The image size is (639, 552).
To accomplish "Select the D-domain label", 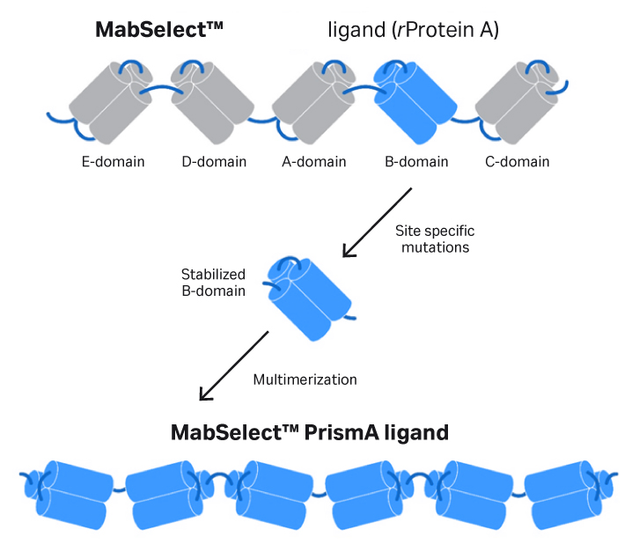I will pos(214,162).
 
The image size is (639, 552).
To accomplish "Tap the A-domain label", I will pos(314,162).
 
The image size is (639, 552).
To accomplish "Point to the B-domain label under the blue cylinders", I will pos(416,162).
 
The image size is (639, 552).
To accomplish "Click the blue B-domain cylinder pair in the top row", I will pos(415,101).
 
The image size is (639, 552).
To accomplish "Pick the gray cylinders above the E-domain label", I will pos(110,101).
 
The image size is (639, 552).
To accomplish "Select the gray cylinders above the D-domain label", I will pos(211,101).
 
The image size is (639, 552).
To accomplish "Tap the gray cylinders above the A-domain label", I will pos(312,101).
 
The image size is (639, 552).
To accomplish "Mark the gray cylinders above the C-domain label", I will pos(516,101).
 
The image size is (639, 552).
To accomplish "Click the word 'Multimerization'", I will pos(305,380).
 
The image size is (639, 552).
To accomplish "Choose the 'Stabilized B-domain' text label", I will pos(213,282).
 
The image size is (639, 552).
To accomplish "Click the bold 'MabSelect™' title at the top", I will pos(159,31).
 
